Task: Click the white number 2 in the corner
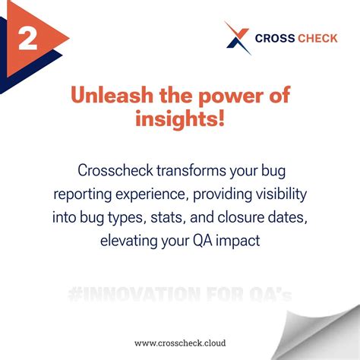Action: [28, 38]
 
